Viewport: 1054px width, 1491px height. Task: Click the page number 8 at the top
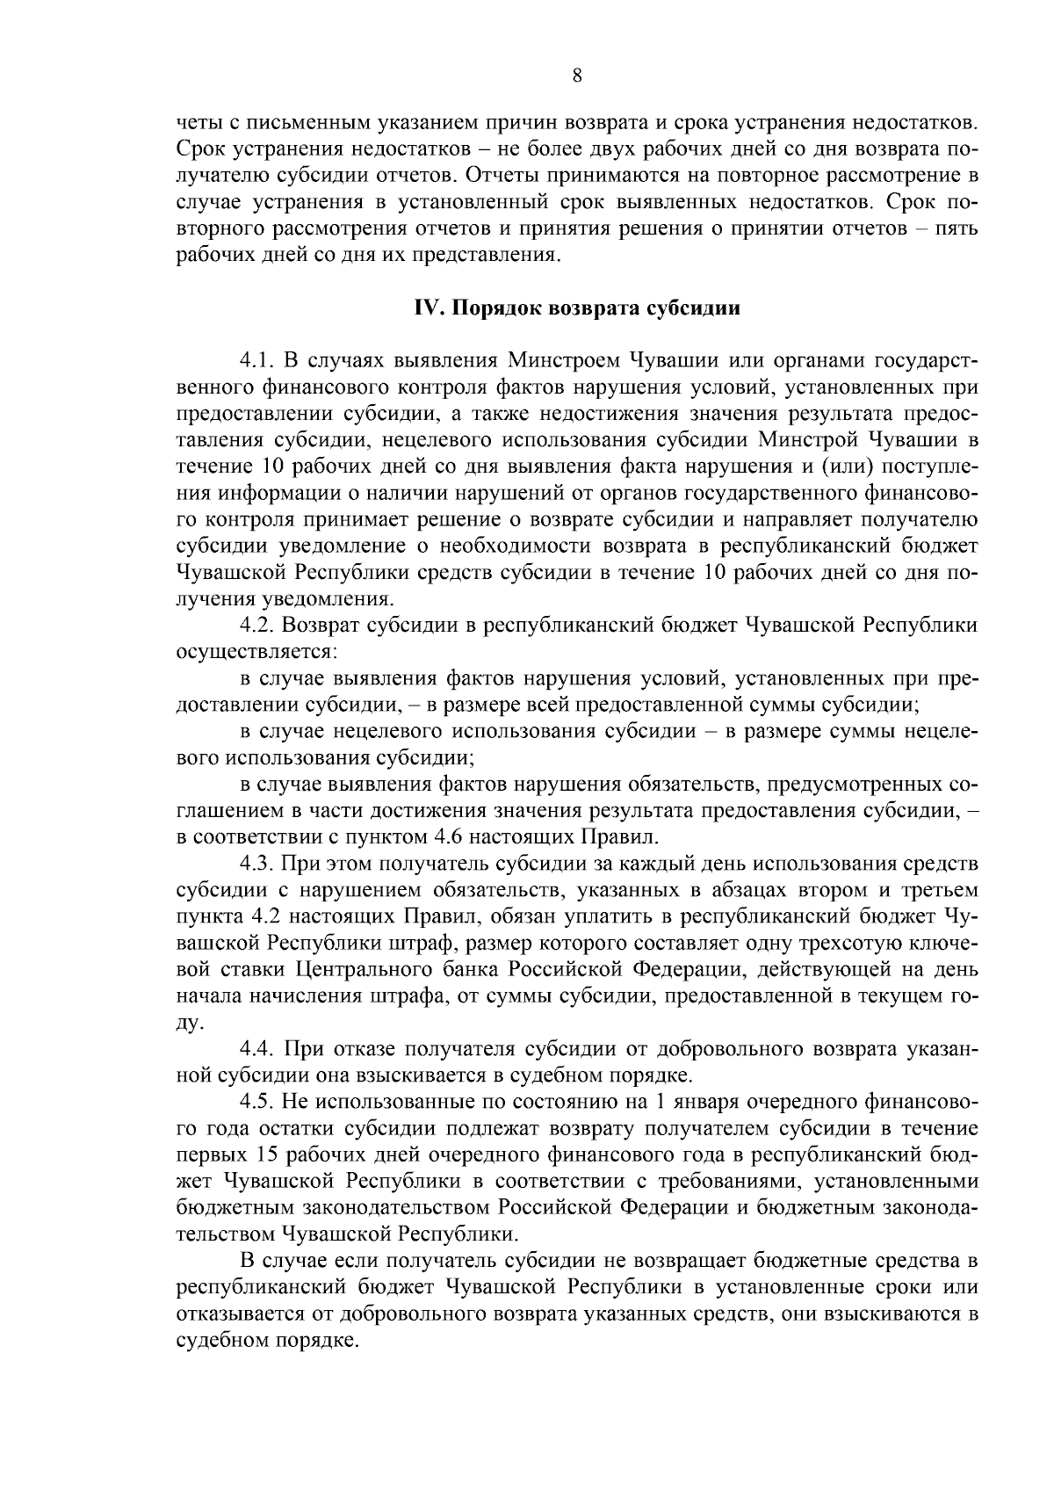pos(577,76)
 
